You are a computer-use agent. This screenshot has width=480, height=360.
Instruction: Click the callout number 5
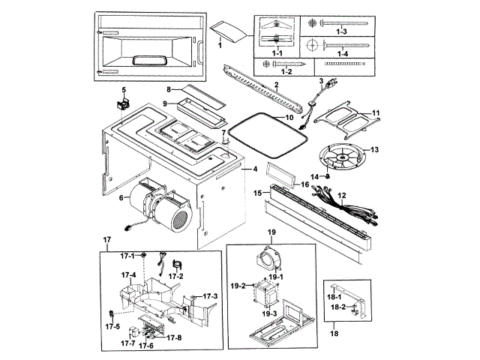coord(124,90)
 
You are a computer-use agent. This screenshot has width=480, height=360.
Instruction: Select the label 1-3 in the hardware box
coord(342,31)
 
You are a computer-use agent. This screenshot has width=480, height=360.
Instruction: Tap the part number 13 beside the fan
coord(374,150)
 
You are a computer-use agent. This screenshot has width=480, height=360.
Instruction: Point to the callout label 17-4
coord(128,275)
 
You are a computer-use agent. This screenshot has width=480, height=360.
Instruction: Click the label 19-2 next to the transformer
coord(238,286)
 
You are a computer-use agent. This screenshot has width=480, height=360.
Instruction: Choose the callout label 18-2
coord(338,307)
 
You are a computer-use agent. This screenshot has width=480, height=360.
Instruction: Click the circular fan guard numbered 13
coord(342,157)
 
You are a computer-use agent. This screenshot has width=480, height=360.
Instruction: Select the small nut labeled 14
coord(327,176)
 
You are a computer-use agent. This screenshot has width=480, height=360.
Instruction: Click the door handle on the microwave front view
coord(199,53)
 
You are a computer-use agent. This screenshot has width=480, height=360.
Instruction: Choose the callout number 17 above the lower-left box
coord(106,240)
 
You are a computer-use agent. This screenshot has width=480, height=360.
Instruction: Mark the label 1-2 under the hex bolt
coord(286,72)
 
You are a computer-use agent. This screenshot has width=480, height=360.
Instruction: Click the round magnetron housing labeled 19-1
coord(268,260)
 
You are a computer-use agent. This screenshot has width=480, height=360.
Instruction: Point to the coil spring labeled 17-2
coord(177,264)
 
